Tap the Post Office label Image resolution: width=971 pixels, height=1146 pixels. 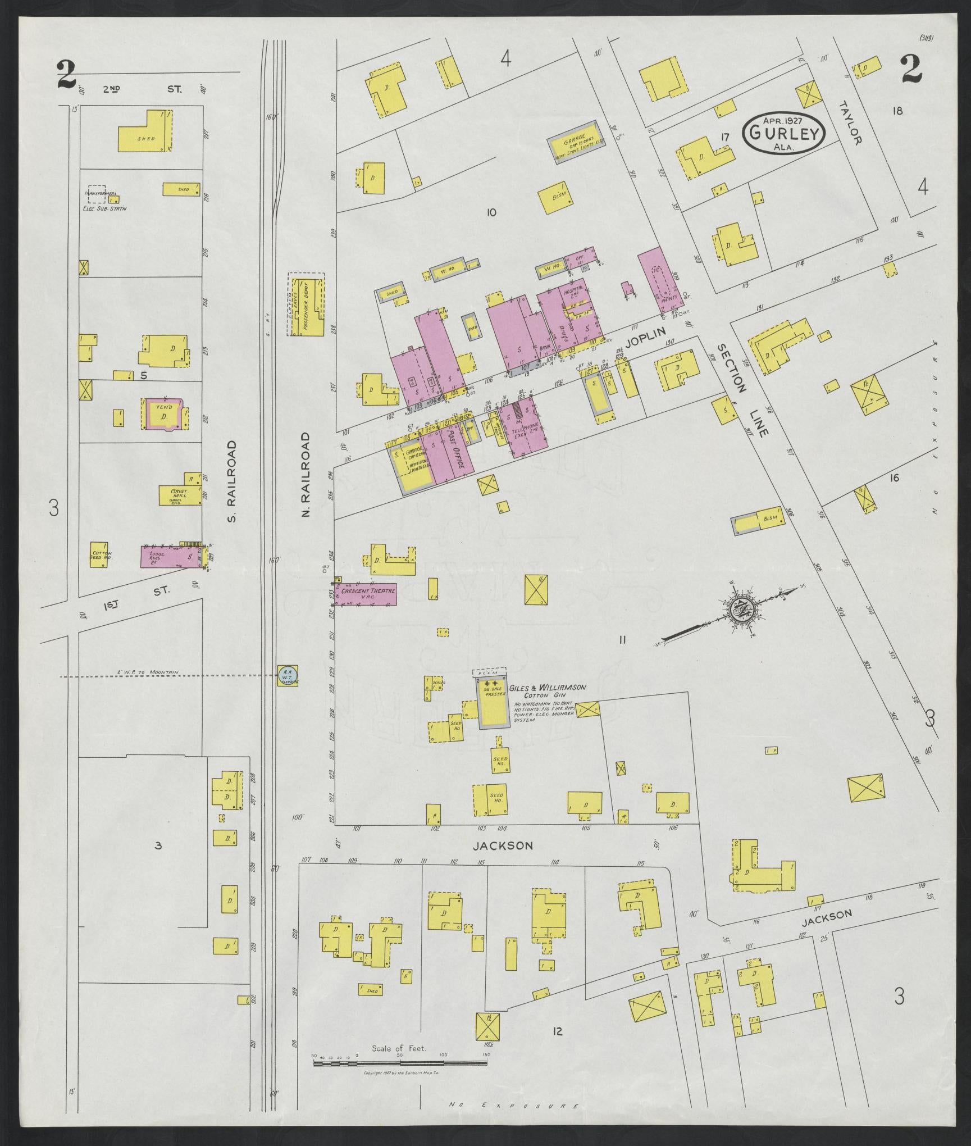[455, 451]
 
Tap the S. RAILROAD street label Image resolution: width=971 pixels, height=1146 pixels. [232, 481]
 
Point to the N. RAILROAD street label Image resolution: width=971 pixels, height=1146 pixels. [306, 475]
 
